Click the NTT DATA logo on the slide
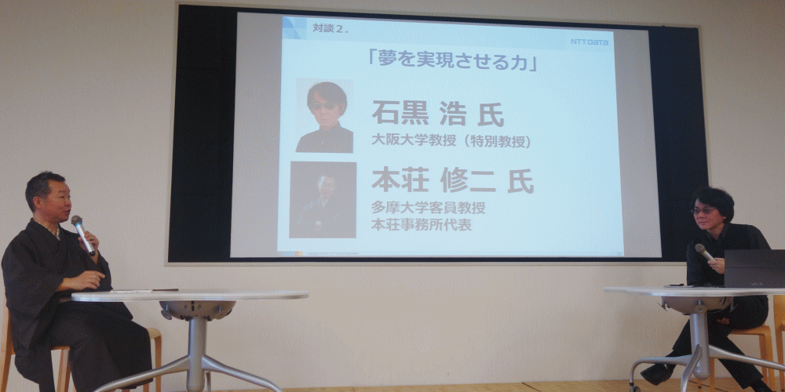590,42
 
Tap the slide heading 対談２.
330,28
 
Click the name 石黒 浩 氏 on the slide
437,114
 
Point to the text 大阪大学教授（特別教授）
451,140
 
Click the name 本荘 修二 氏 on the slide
453,180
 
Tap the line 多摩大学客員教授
428,207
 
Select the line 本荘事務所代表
421,224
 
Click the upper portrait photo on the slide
324,116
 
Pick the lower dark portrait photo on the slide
323,199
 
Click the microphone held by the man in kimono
82,235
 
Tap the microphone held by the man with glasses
704,252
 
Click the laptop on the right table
754,268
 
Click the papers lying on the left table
130,291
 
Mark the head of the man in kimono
48,198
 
